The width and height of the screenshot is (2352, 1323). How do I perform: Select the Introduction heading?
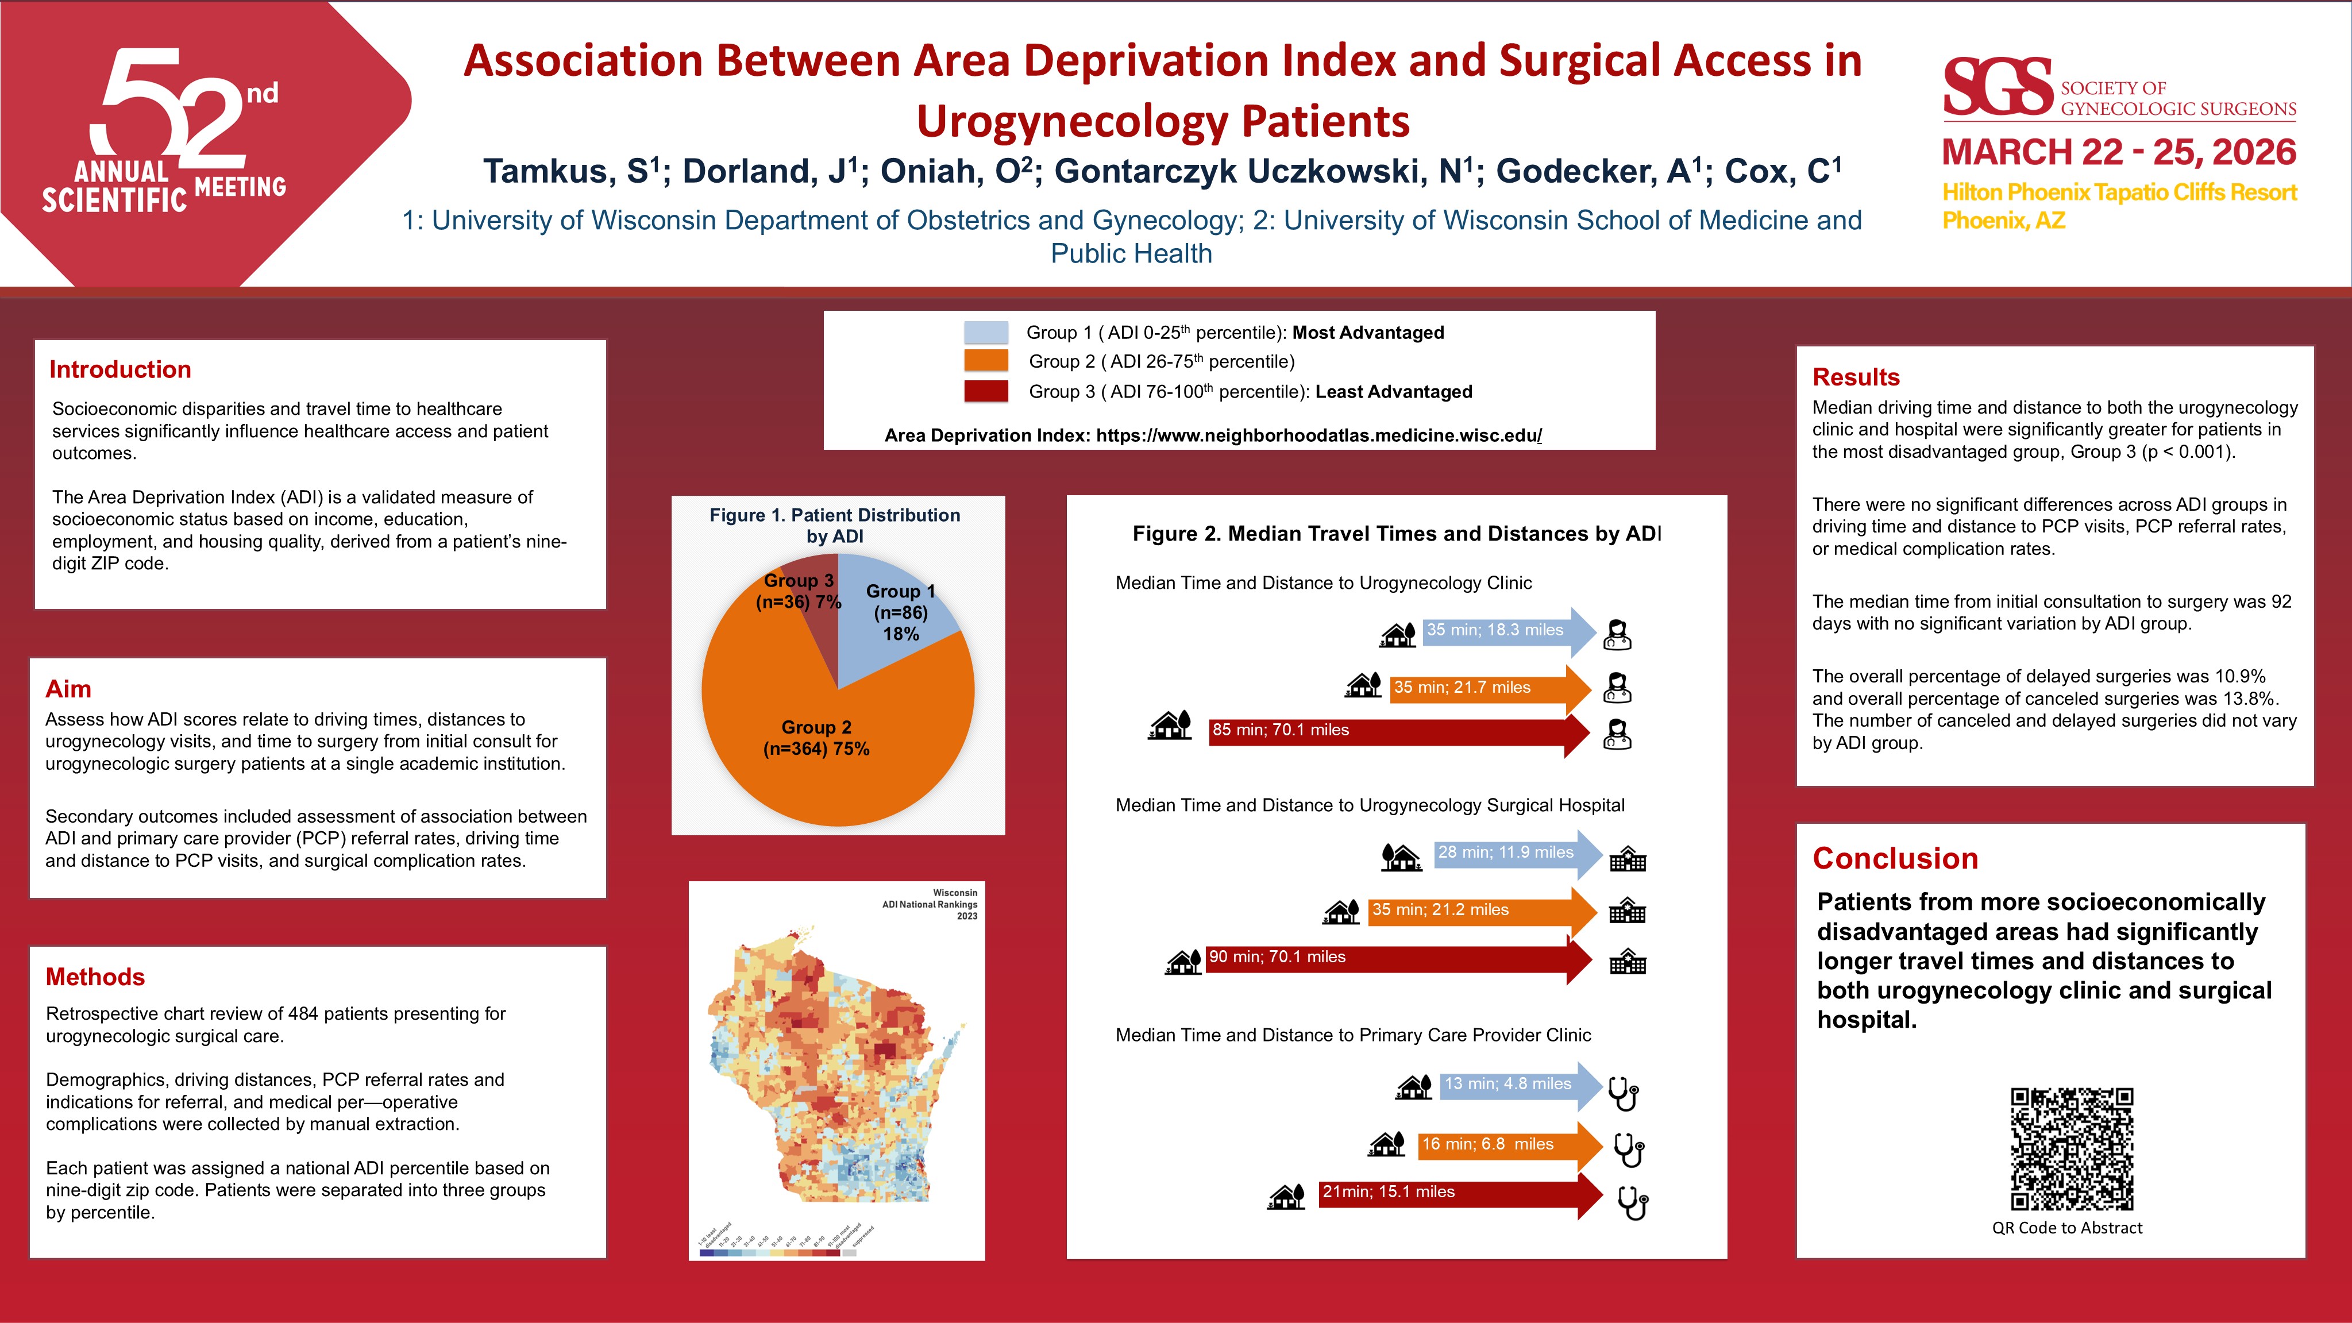coord(119,370)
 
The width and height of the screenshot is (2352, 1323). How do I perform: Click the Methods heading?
coord(95,977)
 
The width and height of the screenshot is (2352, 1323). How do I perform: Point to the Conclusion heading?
coord(1895,858)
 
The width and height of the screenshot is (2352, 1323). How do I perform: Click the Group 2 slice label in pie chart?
coord(816,738)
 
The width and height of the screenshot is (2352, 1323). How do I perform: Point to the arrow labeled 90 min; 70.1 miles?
coord(1397,959)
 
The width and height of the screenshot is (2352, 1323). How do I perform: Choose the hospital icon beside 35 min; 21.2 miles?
coord(1627,911)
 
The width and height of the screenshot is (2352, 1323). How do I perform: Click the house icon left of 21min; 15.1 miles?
coord(1286,1196)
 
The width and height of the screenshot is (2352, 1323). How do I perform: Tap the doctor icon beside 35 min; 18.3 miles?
coord(1617,634)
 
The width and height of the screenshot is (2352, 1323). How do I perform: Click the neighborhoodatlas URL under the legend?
coord(1318,435)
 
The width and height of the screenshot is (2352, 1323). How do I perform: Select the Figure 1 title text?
coord(835,525)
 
